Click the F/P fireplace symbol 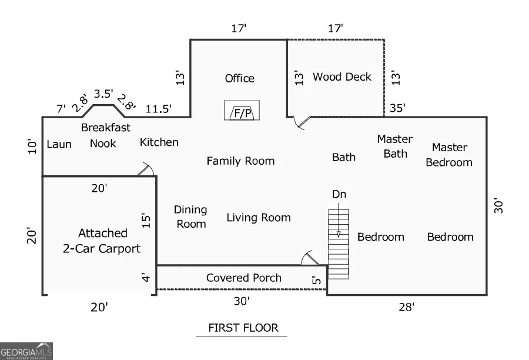tap(242, 111)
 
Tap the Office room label tap(240, 78)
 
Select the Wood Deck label tap(341, 76)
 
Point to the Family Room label tap(240, 161)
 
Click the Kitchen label tap(159, 142)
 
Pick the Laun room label tap(59, 144)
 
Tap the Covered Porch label tap(243, 278)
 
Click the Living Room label tap(259, 218)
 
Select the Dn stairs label tap(339, 194)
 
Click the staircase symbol tap(339, 244)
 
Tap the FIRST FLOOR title tap(243, 328)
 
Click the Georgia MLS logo tap(26, 351)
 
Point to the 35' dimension tap(397, 108)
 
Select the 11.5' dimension tap(158, 109)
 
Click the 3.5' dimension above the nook tap(103, 94)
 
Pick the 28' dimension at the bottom tap(406, 307)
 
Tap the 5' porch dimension tap(316, 279)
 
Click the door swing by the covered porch tap(309, 258)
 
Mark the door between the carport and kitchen tap(146, 169)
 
